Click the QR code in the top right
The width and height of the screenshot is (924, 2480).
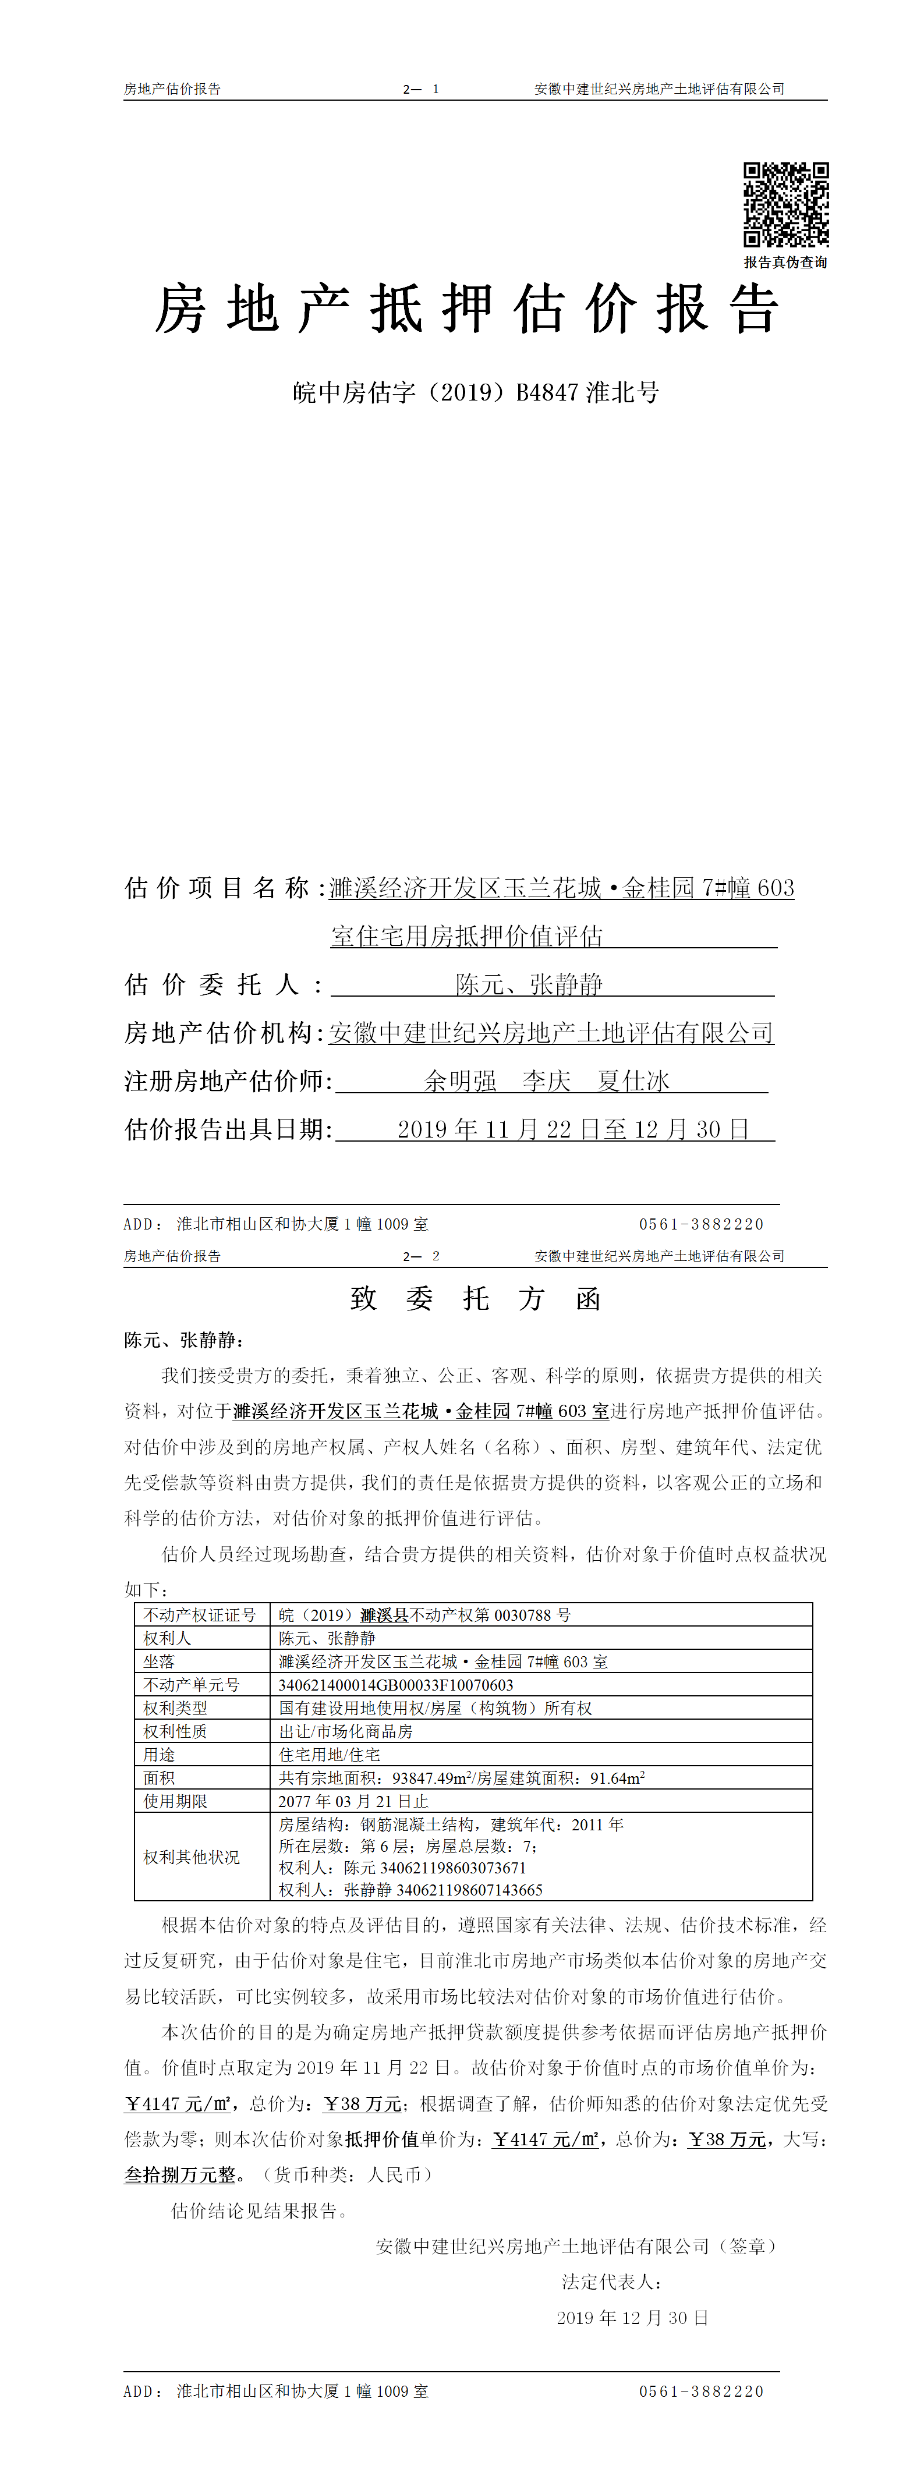pyautogui.click(x=785, y=205)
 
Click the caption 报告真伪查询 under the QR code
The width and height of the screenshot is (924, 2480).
pyautogui.click(x=785, y=262)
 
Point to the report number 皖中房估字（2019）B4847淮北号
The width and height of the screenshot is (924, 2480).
pyautogui.click(x=476, y=393)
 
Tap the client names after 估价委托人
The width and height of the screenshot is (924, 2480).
pyautogui.click(x=529, y=984)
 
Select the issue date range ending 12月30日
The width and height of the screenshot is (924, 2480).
pyautogui.click(x=573, y=1129)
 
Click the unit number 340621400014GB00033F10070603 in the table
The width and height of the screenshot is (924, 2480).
pyautogui.click(x=395, y=1685)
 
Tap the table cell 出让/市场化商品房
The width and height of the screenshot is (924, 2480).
pyautogui.click(x=345, y=1731)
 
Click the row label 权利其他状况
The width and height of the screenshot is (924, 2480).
pyautogui.click(x=192, y=1857)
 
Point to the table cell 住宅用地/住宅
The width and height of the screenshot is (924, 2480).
pyautogui.click(x=329, y=1754)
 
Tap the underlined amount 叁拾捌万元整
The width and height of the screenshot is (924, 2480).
pyautogui.click(x=180, y=2175)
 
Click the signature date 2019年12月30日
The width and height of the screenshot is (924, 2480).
pyautogui.click(x=632, y=2318)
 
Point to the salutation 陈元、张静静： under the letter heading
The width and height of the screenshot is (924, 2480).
pyautogui.click(x=184, y=1340)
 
